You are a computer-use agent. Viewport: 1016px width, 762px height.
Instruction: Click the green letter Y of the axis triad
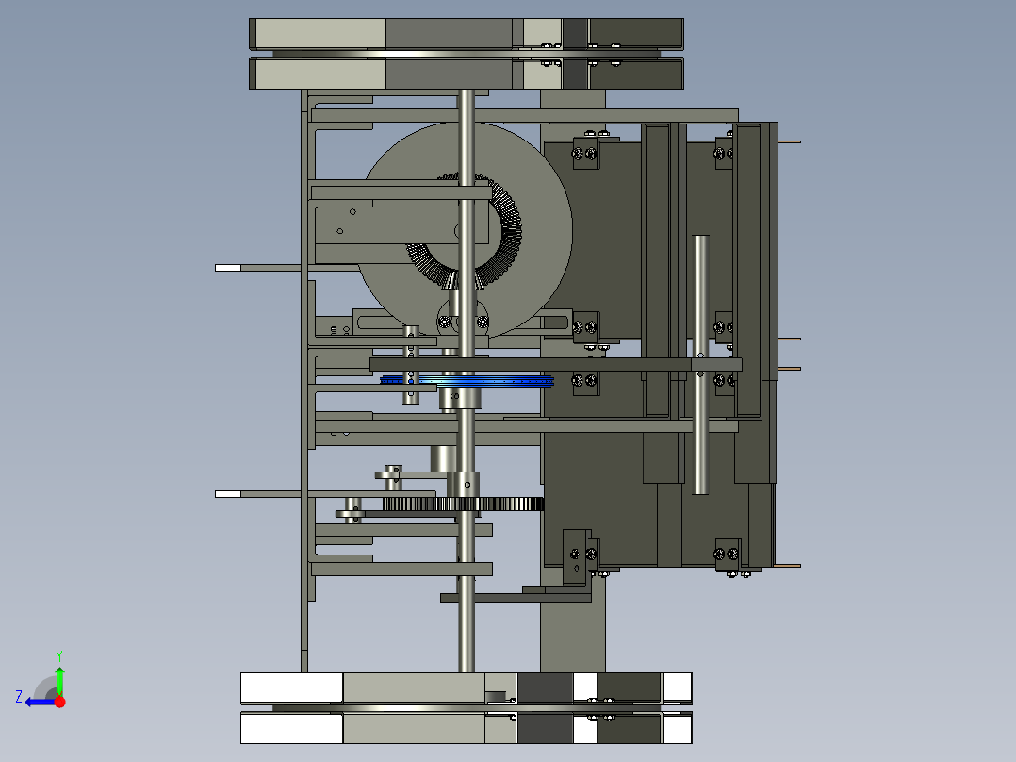point(59,655)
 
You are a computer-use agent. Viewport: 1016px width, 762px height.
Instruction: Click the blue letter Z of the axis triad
point(19,697)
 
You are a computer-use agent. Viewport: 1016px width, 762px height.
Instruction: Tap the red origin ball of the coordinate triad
point(59,702)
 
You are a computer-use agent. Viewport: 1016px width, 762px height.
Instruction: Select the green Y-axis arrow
point(59,681)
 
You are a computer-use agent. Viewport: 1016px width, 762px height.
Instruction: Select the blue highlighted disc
point(467,380)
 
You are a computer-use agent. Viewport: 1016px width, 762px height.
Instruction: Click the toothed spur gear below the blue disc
point(464,504)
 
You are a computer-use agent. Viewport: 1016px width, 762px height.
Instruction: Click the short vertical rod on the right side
point(700,364)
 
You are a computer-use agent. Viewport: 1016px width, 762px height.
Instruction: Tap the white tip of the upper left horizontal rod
point(227,268)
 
